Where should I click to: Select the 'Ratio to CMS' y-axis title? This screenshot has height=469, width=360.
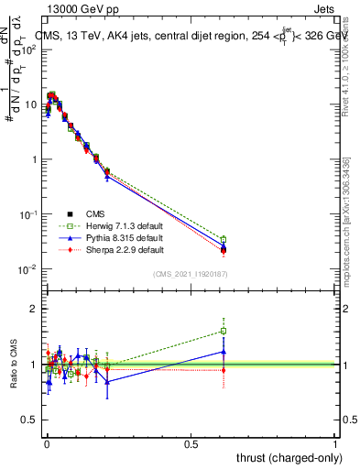14,365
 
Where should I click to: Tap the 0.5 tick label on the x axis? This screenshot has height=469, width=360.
191,443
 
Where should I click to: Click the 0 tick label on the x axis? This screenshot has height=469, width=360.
46,443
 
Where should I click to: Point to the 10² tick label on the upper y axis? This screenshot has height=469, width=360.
29,49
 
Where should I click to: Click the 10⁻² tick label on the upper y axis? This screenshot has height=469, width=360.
27,269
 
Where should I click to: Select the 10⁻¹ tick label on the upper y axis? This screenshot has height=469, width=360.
27,214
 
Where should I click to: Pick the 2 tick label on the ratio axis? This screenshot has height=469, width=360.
34,310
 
